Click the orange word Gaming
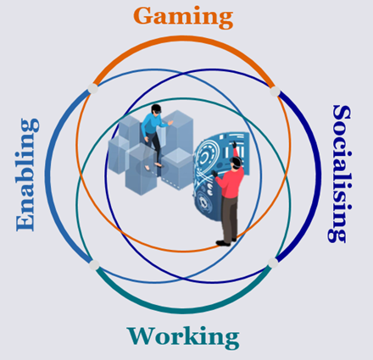tap(183, 17)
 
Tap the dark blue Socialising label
tap(339, 174)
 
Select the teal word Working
tap(183, 338)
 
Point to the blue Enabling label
tap(27, 174)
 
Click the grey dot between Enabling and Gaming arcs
tap(92, 88)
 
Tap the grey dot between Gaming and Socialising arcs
tap(275, 91)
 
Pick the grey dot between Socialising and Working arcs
tap(273, 263)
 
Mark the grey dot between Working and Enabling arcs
tap(94, 265)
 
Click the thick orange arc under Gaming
tap(183, 37)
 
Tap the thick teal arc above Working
tap(183, 311)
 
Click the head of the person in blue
tap(156, 109)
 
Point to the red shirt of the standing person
tap(231, 180)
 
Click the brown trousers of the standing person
tap(230, 218)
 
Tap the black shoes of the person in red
tap(225, 242)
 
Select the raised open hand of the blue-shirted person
tap(170, 123)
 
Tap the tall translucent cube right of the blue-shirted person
tap(177, 132)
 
